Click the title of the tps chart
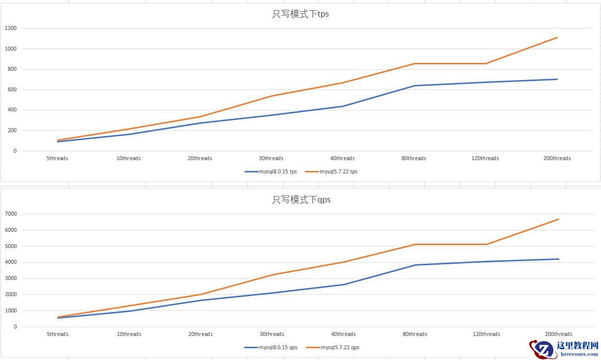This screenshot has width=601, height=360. pyautogui.click(x=300, y=14)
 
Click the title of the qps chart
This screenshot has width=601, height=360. pyautogui.click(x=301, y=199)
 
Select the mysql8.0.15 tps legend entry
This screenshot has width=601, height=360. pyautogui.click(x=271, y=172)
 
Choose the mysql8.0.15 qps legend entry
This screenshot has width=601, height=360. pyautogui.click(x=271, y=347)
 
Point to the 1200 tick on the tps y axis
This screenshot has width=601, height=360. pyautogui.click(x=11, y=28)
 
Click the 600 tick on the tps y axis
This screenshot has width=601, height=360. pyautogui.click(x=12, y=90)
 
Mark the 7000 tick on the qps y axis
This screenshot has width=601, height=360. pyautogui.click(x=11, y=214)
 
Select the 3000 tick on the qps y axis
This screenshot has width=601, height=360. pyautogui.click(x=11, y=278)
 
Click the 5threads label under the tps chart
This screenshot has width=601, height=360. pyautogui.click(x=57, y=158)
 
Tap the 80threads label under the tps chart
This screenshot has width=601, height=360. pyautogui.click(x=414, y=158)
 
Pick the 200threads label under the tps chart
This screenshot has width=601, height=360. pyautogui.click(x=557, y=158)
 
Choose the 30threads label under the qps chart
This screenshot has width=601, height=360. pyautogui.click(x=272, y=334)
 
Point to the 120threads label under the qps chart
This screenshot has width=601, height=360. pyautogui.click(x=487, y=334)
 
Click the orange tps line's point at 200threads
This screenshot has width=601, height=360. pyautogui.click(x=557, y=37)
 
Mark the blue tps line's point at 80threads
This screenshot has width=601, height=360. pyautogui.click(x=414, y=86)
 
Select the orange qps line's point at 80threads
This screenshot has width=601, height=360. pyautogui.click(x=415, y=245)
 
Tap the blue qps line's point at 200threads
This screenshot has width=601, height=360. pyautogui.click(x=559, y=259)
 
